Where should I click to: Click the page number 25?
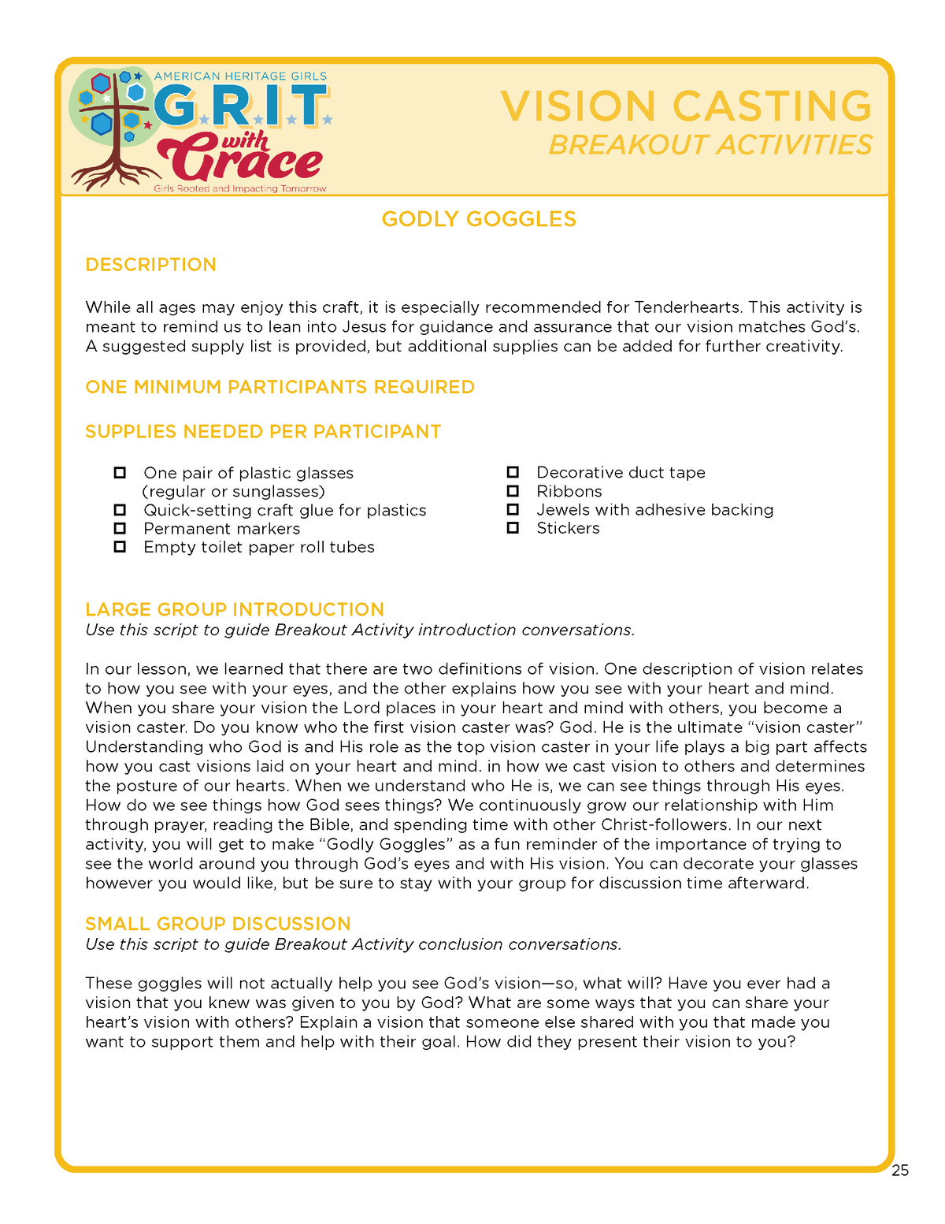click(900, 1170)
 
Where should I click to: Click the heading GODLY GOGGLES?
click(479, 219)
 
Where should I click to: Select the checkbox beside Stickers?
click(513, 528)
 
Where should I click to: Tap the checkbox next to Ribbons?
click(513, 491)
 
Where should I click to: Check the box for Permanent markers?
click(120, 528)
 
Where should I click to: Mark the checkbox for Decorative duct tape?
click(513, 472)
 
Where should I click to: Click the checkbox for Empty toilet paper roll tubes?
click(120, 547)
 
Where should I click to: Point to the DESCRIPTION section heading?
click(150, 265)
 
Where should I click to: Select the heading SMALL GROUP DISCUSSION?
click(218, 924)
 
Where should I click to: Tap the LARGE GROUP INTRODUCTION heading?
click(235, 609)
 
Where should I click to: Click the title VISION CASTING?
click(686, 106)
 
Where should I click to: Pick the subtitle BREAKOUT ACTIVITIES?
click(710, 145)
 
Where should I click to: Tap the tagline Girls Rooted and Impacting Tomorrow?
click(240, 189)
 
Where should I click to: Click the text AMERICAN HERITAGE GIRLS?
click(240, 76)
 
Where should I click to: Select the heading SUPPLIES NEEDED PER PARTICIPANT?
click(263, 432)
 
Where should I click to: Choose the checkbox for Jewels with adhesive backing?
click(513, 509)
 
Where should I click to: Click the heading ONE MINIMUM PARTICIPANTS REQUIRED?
click(280, 387)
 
